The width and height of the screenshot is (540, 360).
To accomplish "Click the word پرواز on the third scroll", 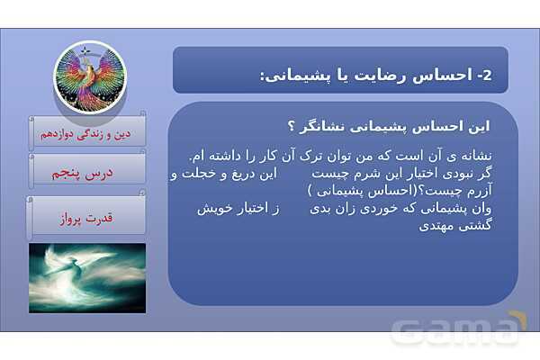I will pos(71,216).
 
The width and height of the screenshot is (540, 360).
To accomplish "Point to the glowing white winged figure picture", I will pos(87,277).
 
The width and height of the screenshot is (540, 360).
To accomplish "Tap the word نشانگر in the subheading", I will pos(322,124).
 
